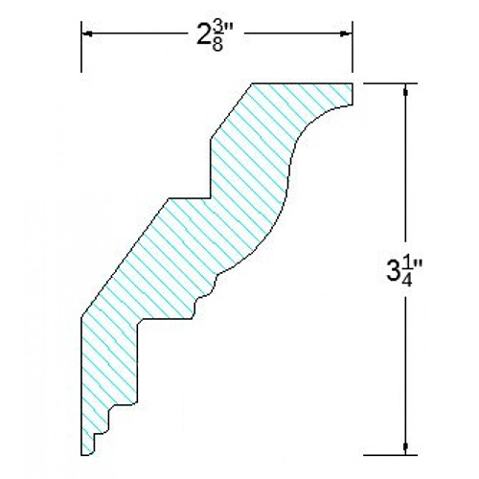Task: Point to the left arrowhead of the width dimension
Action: (x=87, y=35)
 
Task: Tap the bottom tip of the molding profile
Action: (x=91, y=451)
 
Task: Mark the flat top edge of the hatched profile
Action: (x=302, y=84)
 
